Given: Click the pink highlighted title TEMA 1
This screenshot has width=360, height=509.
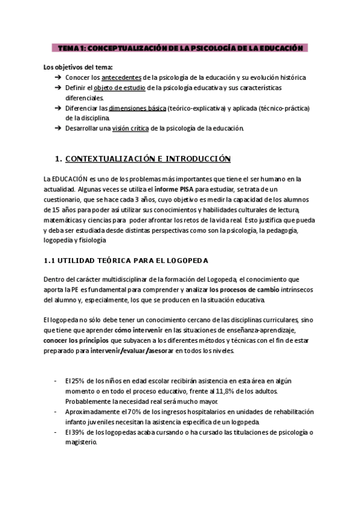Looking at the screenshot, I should click(179, 47).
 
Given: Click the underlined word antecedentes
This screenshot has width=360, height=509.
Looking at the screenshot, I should click(122, 78).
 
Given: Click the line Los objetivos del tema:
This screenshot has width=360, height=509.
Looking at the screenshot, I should click(78, 67).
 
